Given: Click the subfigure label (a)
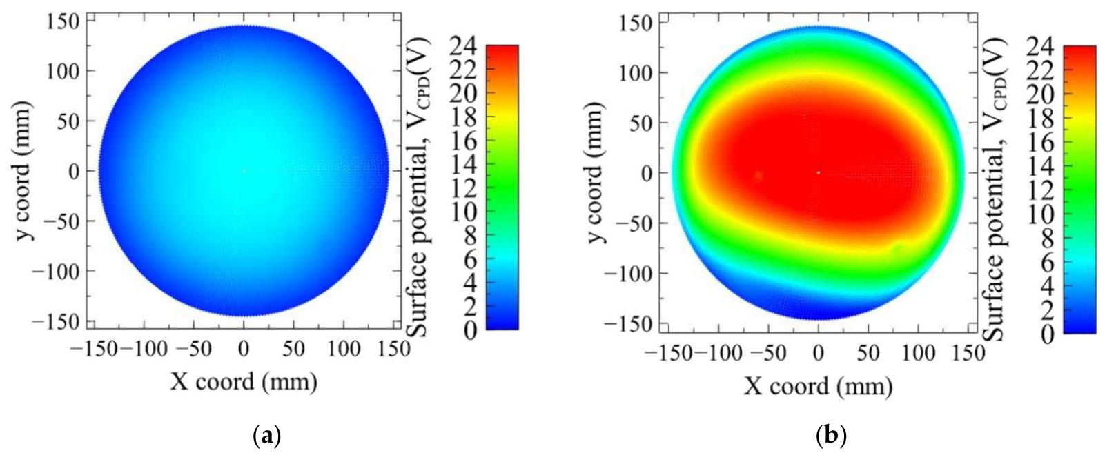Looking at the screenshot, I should pos(268,436).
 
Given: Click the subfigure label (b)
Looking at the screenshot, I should pos(831,436).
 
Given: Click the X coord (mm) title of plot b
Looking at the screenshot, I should pos(818,385).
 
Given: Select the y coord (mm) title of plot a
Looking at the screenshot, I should pos(26,171).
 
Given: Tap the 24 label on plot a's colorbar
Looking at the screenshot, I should pos(464,46).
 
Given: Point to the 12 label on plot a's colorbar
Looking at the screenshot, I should pos(464,188).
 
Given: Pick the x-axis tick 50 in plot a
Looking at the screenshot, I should pos(293,349).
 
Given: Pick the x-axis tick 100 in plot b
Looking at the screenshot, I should pos(919,354).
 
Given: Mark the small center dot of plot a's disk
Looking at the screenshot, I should pos(243,170).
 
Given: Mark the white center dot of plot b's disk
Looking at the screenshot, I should pos(818,172).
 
